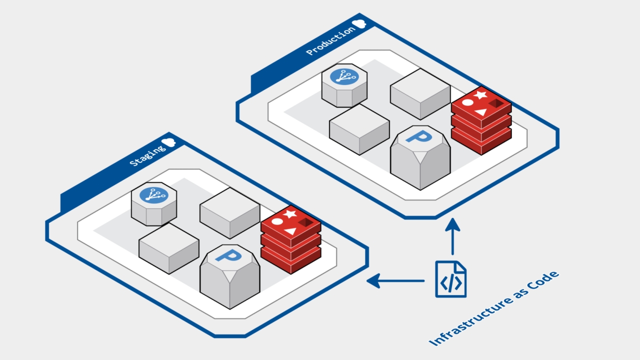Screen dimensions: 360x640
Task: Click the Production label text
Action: click(x=330, y=41)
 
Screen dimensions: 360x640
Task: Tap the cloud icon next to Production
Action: click(x=359, y=23)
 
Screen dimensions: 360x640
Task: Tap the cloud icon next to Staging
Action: click(x=168, y=141)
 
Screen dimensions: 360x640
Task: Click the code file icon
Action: click(x=450, y=279)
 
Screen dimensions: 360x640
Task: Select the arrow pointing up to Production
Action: click(x=452, y=237)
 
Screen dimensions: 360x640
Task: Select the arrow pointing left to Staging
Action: click(x=395, y=281)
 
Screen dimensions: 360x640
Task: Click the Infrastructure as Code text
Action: click(x=493, y=308)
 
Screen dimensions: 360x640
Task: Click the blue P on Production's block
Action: click(x=419, y=136)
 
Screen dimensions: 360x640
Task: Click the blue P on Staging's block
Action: click(x=228, y=255)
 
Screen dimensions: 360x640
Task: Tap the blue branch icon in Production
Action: click(x=344, y=76)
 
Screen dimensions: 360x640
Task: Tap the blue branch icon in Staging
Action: click(x=153, y=195)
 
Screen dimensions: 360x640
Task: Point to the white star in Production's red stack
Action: click(x=480, y=94)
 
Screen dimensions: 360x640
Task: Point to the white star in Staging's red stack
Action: click(x=290, y=213)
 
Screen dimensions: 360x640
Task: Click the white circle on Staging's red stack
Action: click(x=277, y=221)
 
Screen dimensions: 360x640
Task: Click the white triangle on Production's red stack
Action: click(x=480, y=111)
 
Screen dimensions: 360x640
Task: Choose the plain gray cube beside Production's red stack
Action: click(x=420, y=93)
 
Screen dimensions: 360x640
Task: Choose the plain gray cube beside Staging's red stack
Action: click(x=229, y=212)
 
